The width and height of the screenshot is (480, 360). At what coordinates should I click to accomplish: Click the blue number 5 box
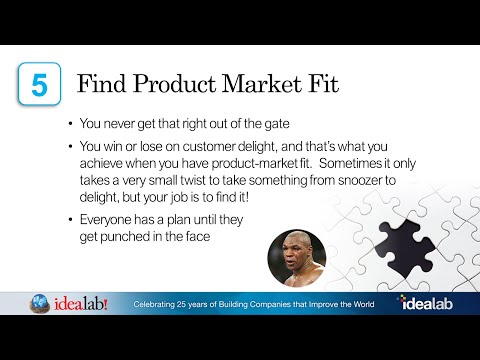39,84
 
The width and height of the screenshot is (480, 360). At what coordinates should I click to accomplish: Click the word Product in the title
173,83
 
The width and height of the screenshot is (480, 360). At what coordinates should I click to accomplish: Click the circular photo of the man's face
296,258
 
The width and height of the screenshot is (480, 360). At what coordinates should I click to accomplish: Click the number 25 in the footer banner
193,302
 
